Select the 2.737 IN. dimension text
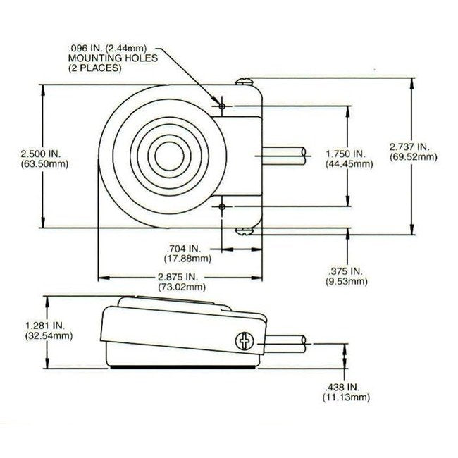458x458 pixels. click(x=412, y=147)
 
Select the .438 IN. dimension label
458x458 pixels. click(x=345, y=388)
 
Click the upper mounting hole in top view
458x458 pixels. click(x=223, y=106)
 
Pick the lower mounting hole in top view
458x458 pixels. click(x=223, y=206)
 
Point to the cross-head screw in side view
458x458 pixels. click(x=246, y=342)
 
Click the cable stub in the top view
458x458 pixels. click(x=285, y=156)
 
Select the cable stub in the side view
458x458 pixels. click(x=285, y=343)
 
